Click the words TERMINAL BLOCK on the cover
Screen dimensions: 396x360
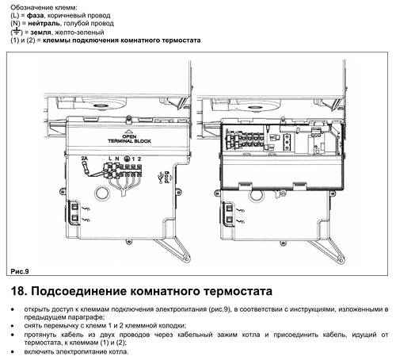click(129, 141)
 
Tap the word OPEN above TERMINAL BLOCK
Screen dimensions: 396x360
click(129, 136)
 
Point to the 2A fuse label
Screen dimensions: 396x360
click(84, 159)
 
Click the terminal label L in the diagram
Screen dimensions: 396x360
click(110, 159)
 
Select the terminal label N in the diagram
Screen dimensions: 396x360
click(117, 159)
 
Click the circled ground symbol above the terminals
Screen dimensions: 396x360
click(127, 159)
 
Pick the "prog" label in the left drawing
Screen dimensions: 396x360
click(166, 178)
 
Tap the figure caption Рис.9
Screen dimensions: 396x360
click(20, 271)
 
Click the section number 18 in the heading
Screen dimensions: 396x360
click(19, 291)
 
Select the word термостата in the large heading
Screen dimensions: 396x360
click(238, 292)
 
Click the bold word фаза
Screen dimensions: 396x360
click(35, 15)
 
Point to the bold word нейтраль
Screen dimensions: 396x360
click(44, 24)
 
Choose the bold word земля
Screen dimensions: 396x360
click(40, 33)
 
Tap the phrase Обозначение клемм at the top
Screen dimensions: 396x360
click(44, 7)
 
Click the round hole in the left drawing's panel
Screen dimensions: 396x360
click(102, 193)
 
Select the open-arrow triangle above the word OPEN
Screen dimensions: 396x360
click(129, 131)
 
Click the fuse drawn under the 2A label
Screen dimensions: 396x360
click(85, 167)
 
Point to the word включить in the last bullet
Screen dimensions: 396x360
click(39, 352)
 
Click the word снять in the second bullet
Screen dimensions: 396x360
click(32, 326)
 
